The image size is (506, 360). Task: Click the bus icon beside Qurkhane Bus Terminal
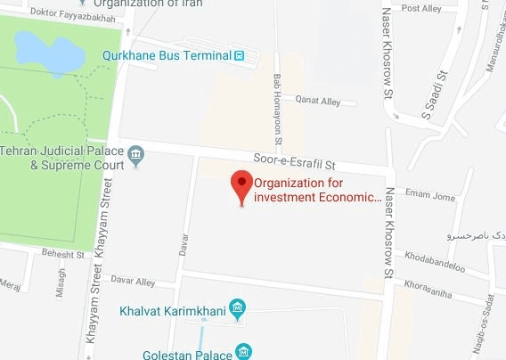tap(239, 55)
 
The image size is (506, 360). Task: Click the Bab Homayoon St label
tap(278, 109)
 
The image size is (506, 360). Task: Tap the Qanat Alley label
tap(318, 102)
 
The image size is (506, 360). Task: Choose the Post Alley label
tap(422, 8)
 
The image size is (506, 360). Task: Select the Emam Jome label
tap(431, 197)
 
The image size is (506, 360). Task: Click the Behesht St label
tap(63, 254)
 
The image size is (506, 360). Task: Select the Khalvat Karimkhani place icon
tap(238, 310)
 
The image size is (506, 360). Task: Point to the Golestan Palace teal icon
tap(241, 352)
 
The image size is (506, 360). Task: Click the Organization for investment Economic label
tap(318, 192)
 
